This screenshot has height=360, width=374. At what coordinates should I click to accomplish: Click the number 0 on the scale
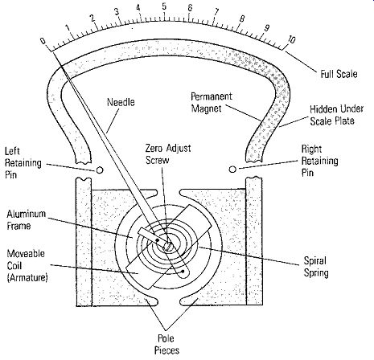(43, 41)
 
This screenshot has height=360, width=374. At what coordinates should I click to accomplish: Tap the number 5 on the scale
(164, 6)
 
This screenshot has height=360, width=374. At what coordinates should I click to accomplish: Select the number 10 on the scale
(291, 39)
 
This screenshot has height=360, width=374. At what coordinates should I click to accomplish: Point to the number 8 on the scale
(242, 18)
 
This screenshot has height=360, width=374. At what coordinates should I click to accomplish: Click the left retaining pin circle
(99, 170)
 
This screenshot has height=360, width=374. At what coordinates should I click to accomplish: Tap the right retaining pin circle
(232, 170)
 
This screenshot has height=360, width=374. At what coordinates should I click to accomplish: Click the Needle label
(121, 102)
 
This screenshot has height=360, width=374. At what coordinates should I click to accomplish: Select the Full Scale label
(339, 74)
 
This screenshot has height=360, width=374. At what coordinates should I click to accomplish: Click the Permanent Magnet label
(212, 102)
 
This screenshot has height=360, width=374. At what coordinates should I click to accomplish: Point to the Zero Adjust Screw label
(168, 154)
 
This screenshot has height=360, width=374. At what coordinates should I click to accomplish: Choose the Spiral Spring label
(316, 267)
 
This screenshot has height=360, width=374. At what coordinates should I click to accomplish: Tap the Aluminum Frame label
(27, 220)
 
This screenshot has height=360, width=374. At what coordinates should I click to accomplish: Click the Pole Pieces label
(166, 344)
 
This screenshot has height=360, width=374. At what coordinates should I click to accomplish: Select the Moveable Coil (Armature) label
(27, 265)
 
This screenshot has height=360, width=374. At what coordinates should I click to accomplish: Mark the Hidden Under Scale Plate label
(337, 115)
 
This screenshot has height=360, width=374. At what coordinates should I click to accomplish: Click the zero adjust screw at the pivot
(167, 245)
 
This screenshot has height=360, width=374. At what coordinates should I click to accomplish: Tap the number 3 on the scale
(117, 12)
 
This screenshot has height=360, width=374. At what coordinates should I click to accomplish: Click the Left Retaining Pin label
(23, 163)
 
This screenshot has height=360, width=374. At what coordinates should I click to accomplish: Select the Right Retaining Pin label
(319, 161)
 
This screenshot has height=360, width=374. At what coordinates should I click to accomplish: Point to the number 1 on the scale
(68, 28)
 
